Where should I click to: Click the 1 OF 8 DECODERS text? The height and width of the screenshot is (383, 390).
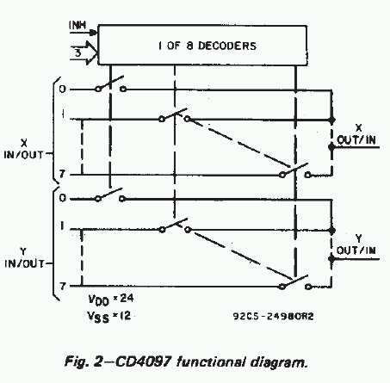tap(207, 46)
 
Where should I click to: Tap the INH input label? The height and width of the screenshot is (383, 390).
tap(77, 25)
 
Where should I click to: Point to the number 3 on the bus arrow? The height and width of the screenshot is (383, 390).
tap(77, 53)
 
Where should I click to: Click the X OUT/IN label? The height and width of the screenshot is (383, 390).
tap(356, 134)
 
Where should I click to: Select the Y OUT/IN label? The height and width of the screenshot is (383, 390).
tap(356, 244)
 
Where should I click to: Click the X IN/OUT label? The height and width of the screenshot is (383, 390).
tap(23, 149)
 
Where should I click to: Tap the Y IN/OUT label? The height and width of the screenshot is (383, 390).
tap(24, 258)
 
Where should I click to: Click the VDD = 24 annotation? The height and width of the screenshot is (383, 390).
tap(111, 300)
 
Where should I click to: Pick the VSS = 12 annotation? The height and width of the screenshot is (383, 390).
tap(109, 317)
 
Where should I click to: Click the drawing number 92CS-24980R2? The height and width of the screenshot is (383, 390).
tap(273, 316)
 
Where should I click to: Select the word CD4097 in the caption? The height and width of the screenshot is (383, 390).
tap(143, 361)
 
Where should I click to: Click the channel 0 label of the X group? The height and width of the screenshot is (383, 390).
tap(63, 90)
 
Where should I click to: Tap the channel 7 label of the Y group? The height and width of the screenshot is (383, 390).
tap(63, 286)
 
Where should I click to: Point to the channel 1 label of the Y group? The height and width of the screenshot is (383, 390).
tap(62, 226)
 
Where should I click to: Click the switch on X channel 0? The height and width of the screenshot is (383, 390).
tap(110, 84)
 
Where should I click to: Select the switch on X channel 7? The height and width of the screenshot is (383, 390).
tap(295, 170)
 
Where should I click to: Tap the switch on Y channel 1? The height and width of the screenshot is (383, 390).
tap(175, 225)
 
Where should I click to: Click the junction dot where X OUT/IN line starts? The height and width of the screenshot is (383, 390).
tap(331, 147)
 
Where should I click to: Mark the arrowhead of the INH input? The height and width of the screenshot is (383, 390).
tap(94, 33)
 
